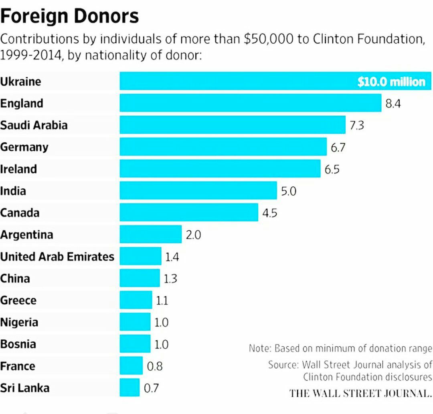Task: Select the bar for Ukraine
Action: [x=241, y=81]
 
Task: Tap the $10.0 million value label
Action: [x=391, y=82]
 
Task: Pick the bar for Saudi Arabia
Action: [x=233, y=125]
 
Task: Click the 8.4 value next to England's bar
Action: [x=393, y=104]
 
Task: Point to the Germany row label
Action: [x=24, y=147]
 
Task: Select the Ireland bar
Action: [x=220, y=169]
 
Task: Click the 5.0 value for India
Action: [x=288, y=191]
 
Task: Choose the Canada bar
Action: [x=189, y=212]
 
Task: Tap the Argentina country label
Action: [x=26, y=234]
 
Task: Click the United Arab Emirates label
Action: [x=57, y=256]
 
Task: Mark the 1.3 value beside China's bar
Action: [x=170, y=279]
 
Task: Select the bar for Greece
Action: [x=136, y=300]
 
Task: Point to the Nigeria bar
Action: [x=135, y=322]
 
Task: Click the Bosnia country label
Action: [x=18, y=344]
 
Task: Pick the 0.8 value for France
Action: [x=155, y=366]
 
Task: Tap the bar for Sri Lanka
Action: [x=129, y=388]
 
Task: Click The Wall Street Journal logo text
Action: [x=360, y=393]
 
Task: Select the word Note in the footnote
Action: [x=259, y=348]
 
